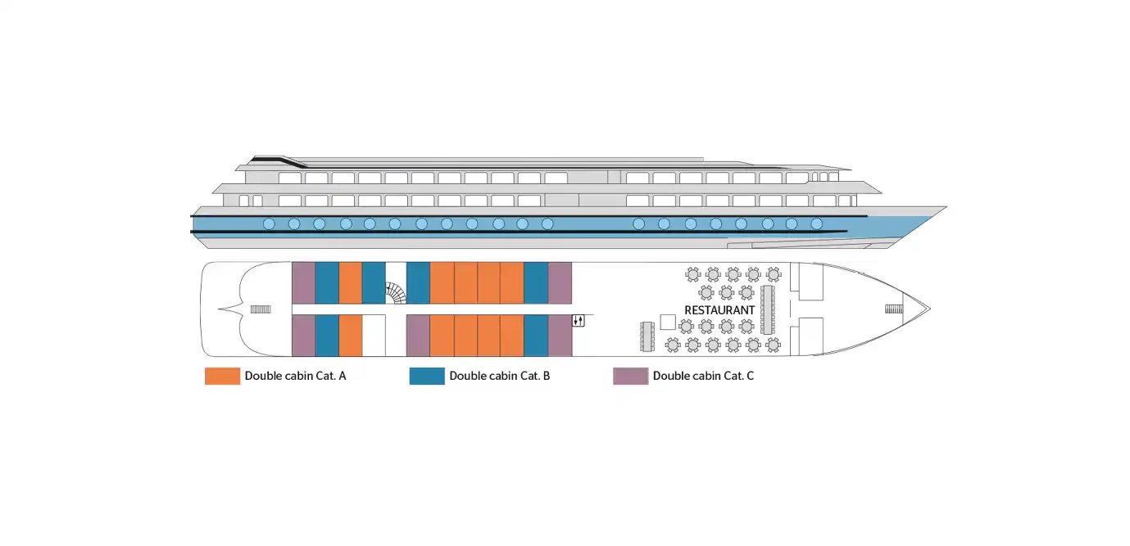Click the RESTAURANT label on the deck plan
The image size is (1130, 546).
[x=719, y=310]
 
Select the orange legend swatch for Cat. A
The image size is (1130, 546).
[x=222, y=376]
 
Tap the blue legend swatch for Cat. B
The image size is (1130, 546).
[x=427, y=376]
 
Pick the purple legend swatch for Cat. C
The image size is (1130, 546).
[x=631, y=376]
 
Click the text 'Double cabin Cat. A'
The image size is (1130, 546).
[x=295, y=376]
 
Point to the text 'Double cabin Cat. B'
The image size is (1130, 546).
[x=499, y=376]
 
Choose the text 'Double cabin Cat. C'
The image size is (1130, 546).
[x=703, y=376]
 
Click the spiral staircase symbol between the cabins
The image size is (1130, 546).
[x=396, y=293]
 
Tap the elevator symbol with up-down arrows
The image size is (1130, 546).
[x=579, y=320]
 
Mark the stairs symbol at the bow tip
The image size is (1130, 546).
[x=894, y=309]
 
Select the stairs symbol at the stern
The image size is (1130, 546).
[x=261, y=309]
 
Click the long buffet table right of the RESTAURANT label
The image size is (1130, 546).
[x=767, y=310]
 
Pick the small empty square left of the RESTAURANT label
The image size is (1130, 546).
[x=668, y=323]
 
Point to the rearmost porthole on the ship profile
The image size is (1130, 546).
[x=269, y=223]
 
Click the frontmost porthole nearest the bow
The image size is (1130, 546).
[x=817, y=223]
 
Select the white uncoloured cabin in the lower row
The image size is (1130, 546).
[x=374, y=336]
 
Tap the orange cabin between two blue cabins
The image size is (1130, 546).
[x=351, y=283]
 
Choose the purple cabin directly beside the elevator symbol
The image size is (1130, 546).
[x=560, y=336]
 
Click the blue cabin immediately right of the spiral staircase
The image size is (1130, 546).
[x=418, y=283]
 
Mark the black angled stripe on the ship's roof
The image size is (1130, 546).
[x=279, y=160]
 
